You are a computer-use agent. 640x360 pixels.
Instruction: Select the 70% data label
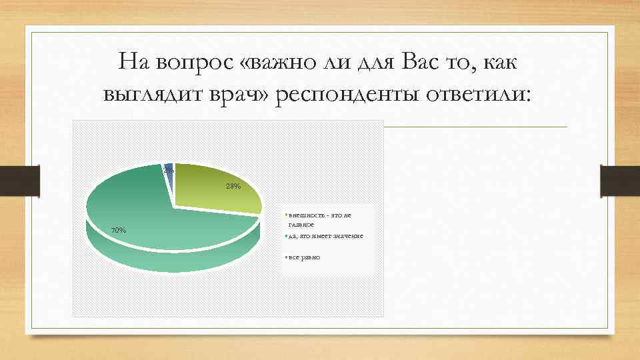(118, 230)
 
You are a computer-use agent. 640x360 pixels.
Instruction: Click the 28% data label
(233, 186)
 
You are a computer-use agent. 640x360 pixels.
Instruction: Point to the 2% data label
(169, 171)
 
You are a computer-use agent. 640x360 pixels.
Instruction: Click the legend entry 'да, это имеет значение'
(325, 237)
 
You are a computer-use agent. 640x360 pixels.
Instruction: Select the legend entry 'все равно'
(304, 257)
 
